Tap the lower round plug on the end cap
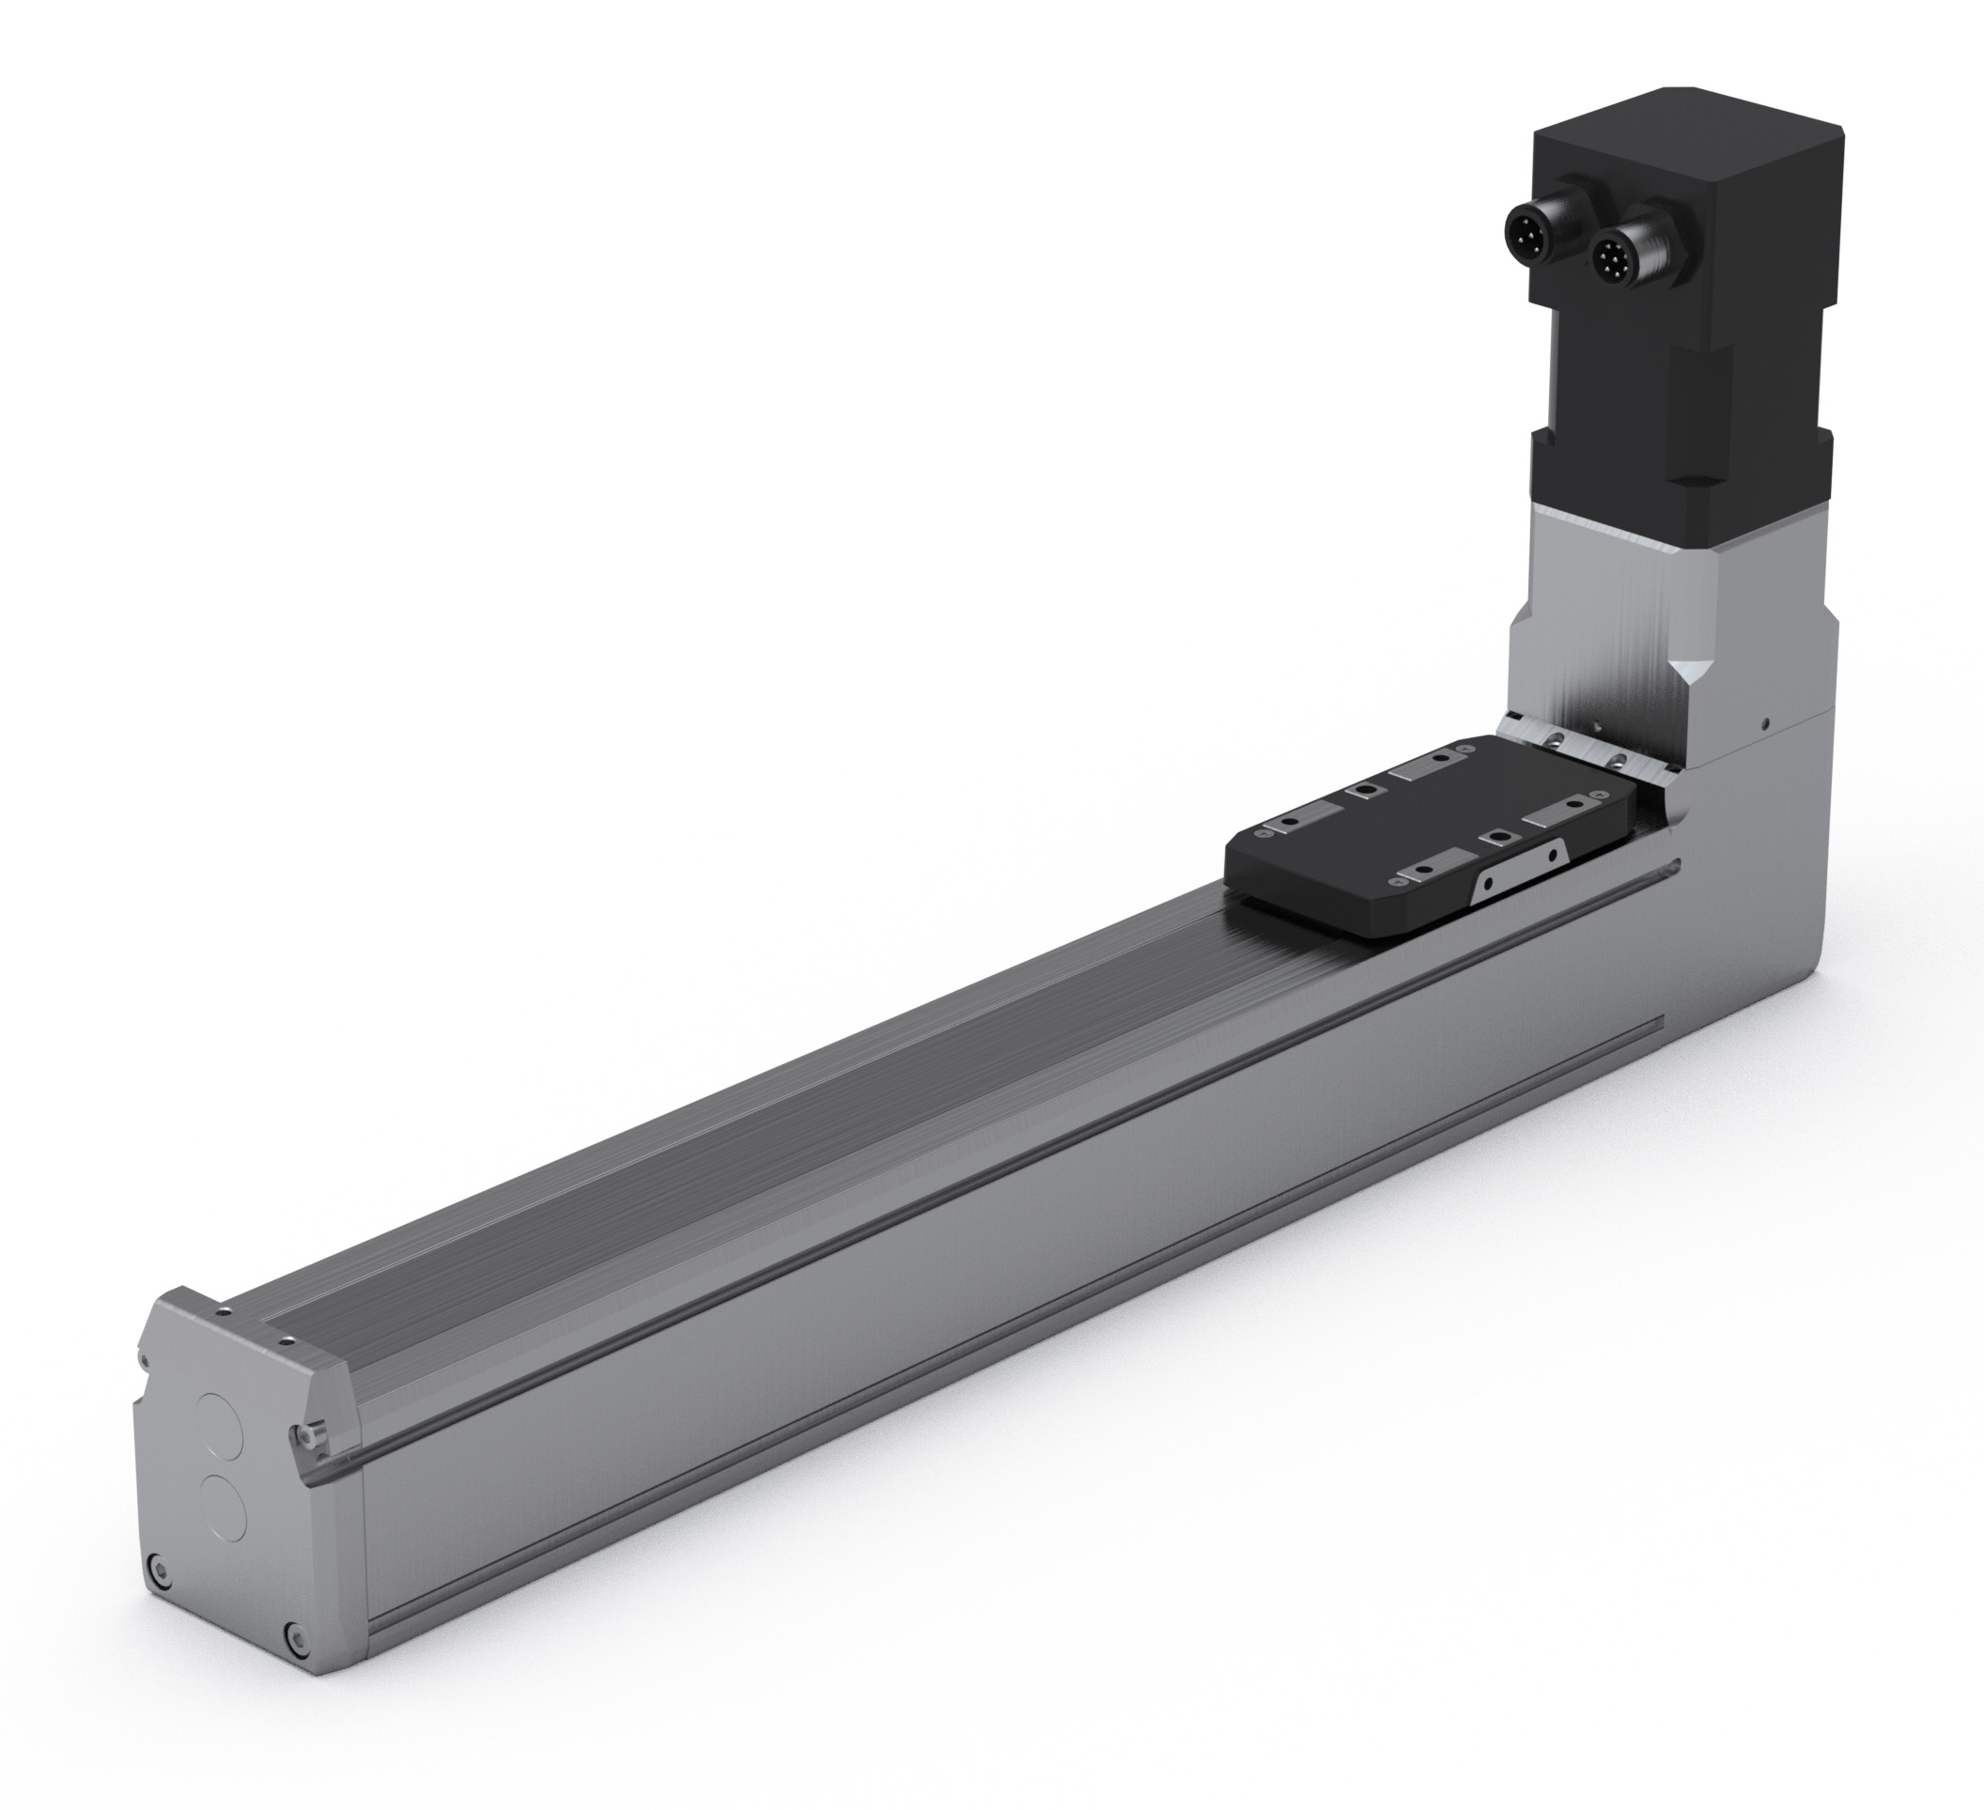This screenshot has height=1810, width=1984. coord(224,1508)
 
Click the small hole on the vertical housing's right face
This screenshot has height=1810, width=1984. coord(1765,724)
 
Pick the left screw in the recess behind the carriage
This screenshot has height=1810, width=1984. coord(1554,740)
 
